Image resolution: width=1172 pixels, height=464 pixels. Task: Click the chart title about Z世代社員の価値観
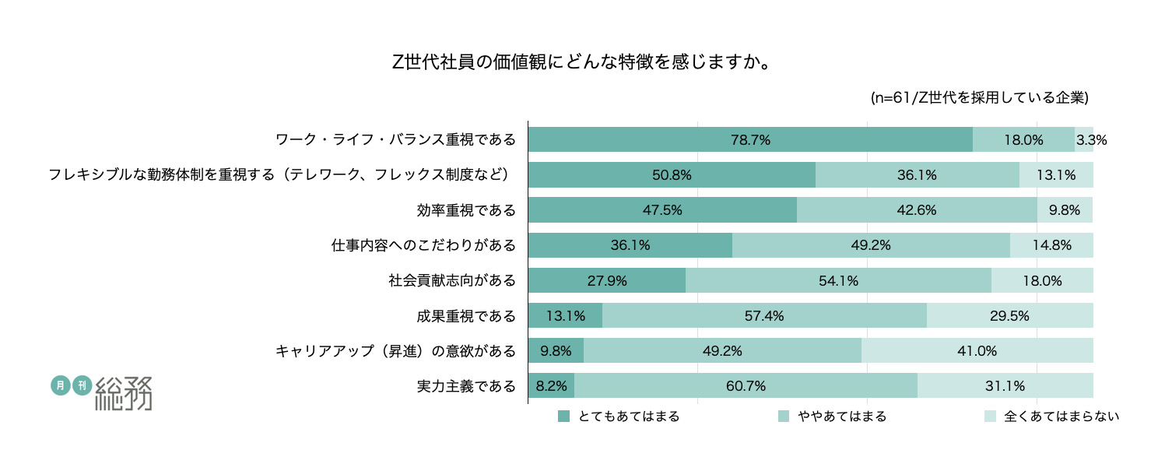tap(581, 62)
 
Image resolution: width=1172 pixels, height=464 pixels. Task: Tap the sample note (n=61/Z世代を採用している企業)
tap(978, 98)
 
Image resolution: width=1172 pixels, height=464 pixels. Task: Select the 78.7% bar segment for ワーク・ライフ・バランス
tap(750, 140)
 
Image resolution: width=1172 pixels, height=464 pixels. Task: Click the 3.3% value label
tap(1091, 141)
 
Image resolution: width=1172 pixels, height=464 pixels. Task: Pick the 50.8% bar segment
tap(672, 175)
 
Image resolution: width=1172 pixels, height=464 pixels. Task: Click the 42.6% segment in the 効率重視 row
tap(916, 210)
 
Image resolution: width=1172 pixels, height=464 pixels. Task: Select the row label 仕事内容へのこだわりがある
tap(423, 246)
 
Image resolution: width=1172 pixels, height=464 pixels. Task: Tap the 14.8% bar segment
tap(1051, 245)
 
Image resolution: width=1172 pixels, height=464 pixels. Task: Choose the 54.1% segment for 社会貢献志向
tap(838, 280)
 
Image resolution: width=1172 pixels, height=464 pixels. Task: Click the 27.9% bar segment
tap(607, 280)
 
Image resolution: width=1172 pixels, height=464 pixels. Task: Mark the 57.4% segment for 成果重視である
tap(764, 315)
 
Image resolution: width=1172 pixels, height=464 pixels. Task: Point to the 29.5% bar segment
tap(1010, 315)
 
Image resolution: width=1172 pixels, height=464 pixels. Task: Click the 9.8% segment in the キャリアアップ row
tap(556, 350)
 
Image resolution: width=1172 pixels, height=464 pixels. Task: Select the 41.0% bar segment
tap(977, 350)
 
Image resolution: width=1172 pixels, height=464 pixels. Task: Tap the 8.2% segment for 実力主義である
tap(551, 385)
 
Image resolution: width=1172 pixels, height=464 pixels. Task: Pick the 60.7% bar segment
tap(746, 385)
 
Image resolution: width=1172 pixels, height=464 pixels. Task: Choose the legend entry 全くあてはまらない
tap(1051, 417)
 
